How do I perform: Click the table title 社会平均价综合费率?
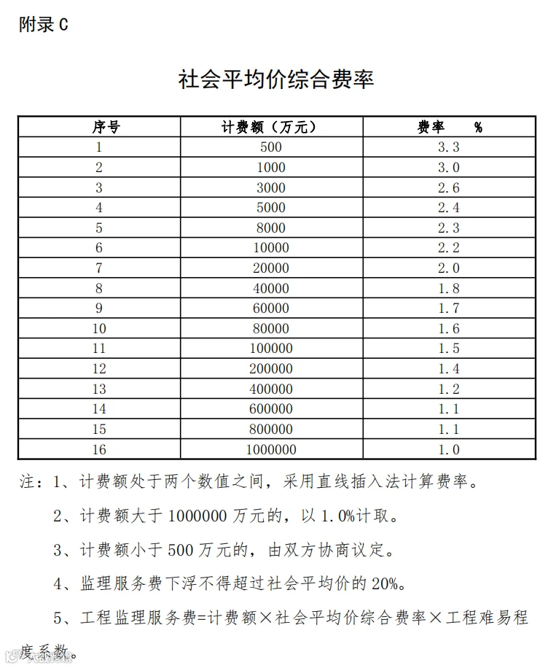276,79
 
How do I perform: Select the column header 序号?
99,127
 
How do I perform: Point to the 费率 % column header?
448,127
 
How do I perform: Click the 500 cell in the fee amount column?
270,147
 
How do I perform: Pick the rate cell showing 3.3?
448,147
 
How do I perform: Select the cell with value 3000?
270,187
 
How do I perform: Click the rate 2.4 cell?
448,208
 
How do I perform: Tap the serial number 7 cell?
99,268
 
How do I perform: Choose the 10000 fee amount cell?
270,248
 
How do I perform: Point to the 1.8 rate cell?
448,289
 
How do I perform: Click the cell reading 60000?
270,308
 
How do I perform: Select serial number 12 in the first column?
99,369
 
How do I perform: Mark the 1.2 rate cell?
448,389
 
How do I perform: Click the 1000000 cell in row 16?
270,450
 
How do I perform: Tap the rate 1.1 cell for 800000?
448,430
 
